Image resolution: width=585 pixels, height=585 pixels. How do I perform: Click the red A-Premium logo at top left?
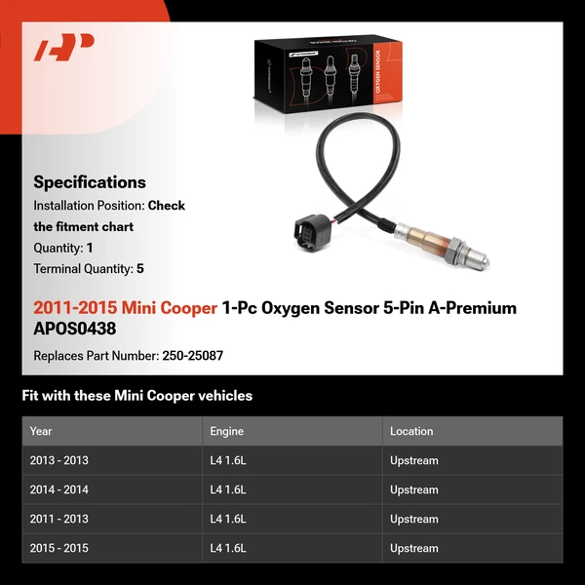point(64,48)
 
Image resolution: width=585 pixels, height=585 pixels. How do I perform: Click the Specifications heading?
point(90,182)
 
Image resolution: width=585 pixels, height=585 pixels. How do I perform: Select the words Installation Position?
point(88,206)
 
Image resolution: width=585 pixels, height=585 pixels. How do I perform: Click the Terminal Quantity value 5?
point(140,268)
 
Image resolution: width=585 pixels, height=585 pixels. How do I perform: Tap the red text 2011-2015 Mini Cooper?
point(125,308)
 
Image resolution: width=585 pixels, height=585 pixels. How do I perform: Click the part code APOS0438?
point(74,329)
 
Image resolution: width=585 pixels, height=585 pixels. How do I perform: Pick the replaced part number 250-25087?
point(191,356)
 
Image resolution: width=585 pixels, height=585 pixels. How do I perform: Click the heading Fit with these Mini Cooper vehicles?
point(137,396)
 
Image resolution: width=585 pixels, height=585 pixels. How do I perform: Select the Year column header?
point(41,431)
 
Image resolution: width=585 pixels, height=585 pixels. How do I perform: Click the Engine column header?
point(226,431)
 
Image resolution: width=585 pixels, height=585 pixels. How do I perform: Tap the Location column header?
point(411,431)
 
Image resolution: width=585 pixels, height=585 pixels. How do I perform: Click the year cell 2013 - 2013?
point(58,460)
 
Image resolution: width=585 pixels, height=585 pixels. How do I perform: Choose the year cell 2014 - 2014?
point(58,489)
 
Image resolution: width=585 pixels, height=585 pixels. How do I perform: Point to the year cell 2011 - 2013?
point(58,519)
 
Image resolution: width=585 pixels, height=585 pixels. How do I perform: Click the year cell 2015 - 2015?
point(58,548)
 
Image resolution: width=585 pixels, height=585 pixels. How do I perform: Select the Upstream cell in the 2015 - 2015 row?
point(414,548)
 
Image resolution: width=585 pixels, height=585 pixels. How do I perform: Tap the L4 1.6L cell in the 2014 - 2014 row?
point(228,489)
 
